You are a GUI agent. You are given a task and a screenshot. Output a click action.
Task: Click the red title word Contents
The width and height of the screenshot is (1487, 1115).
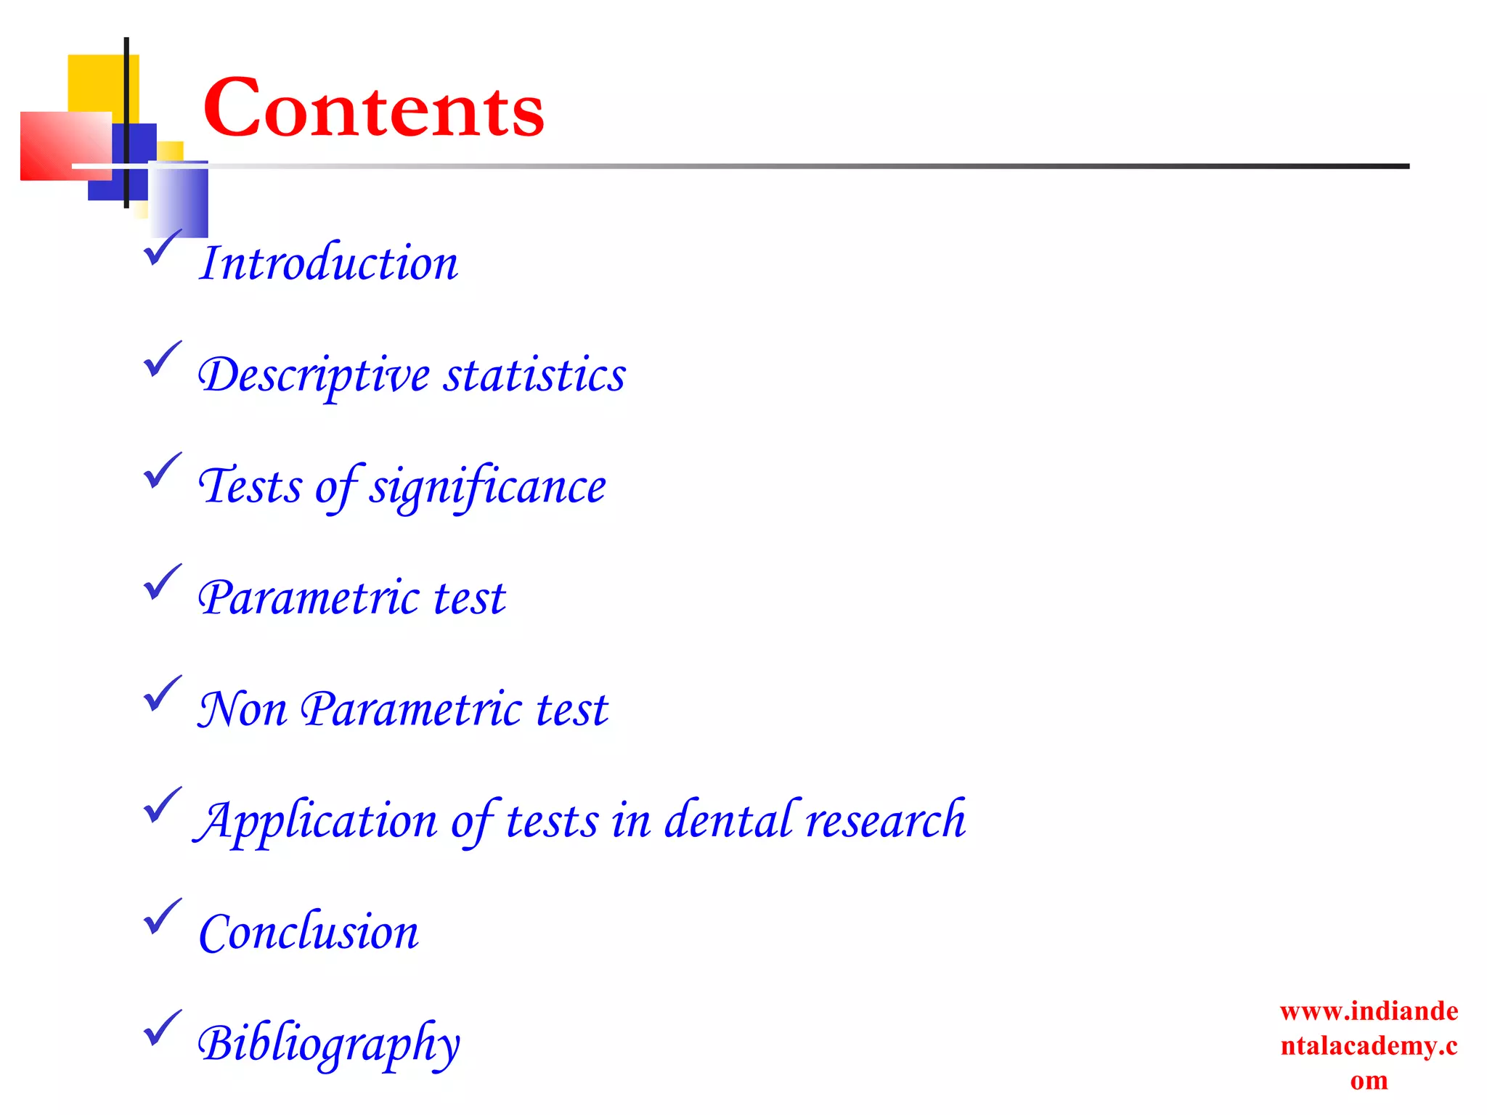pyautogui.click(x=373, y=109)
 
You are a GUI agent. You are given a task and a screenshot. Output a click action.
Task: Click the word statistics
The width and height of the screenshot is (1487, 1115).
pyautogui.click(x=534, y=375)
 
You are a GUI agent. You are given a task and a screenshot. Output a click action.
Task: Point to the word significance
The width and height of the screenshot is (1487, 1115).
pyautogui.click(x=487, y=487)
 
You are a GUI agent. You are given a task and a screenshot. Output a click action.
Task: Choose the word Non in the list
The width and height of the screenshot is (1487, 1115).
pyautogui.click(x=243, y=709)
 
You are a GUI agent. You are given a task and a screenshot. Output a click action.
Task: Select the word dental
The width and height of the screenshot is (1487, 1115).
pyautogui.click(x=732, y=820)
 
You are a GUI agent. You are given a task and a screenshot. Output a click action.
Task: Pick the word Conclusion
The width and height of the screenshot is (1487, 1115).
pyautogui.click(x=309, y=932)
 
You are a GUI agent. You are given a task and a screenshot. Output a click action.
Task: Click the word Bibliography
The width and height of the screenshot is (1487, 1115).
pyautogui.click(x=328, y=1045)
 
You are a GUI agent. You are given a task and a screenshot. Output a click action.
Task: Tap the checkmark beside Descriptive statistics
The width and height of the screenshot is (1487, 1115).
pyautogui.click(x=162, y=359)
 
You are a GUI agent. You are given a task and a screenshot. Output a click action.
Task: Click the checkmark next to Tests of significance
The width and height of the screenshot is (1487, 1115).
pyautogui.click(x=162, y=471)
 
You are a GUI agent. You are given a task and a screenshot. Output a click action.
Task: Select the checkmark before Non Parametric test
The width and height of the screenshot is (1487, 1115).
pyautogui.click(x=162, y=694)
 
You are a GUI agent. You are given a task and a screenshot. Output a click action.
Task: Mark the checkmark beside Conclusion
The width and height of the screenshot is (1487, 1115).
pyautogui.click(x=162, y=917)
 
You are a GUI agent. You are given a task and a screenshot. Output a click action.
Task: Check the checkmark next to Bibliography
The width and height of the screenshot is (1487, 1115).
pyautogui.click(x=162, y=1029)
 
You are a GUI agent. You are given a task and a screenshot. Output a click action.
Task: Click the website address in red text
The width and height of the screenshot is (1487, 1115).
pyautogui.click(x=1369, y=1045)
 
